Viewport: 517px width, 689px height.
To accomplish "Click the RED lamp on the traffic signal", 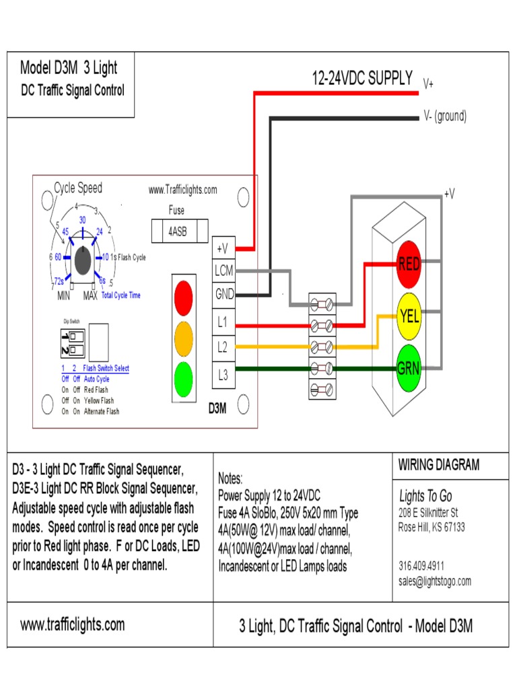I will tap(409, 263).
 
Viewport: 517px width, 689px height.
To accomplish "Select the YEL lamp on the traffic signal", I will tap(409, 316).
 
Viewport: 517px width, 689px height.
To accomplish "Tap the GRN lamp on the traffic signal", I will tap(409, 368).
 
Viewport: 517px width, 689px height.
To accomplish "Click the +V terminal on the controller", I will tap(223, 249).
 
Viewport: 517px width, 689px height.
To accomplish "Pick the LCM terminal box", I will tap(223, 270).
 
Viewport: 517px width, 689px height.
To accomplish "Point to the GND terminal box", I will tap(223, 294).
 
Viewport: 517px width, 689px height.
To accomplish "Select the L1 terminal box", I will tap(223, 323).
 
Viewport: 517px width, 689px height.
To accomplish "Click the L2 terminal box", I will tap(223, 347).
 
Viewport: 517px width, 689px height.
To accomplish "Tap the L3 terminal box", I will tap(223, 375).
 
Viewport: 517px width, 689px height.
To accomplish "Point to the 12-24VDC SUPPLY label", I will tap(362, 79).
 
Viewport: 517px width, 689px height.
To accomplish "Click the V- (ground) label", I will tap(444, 116).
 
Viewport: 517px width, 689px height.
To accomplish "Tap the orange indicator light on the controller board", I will tap(183, 336).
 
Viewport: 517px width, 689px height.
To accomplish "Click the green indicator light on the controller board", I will tap(183, 378).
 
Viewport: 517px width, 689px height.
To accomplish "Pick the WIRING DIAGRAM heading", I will tap(438, 465).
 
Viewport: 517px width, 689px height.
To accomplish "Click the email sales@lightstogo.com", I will tap(435, 581).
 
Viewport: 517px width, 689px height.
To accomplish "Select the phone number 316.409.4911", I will tap(421, 566).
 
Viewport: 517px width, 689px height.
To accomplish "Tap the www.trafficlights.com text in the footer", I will tap(73, 625).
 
